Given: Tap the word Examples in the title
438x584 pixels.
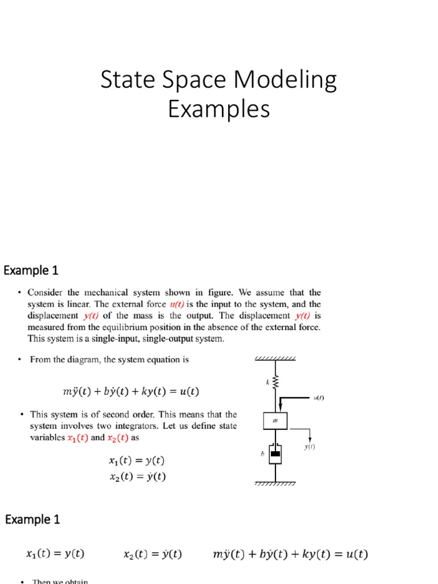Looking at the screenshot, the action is pyautogui.click(x=218, y=108).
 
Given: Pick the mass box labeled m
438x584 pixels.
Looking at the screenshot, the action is pyautogui.click(x=276, y=421).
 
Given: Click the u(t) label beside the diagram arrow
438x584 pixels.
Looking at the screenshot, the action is pyautogui.click(x=319, y=398).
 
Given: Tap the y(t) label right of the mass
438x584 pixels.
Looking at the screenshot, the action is pyautogui.click(x=310, y=447).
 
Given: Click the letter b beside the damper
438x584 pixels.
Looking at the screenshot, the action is pyautogui.click(x=262, y=454).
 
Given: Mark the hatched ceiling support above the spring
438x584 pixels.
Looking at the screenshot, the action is pyautogui.click(x=275, y=359).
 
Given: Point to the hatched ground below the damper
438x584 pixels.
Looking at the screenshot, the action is pyautogui.click(x=275, y=484).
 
